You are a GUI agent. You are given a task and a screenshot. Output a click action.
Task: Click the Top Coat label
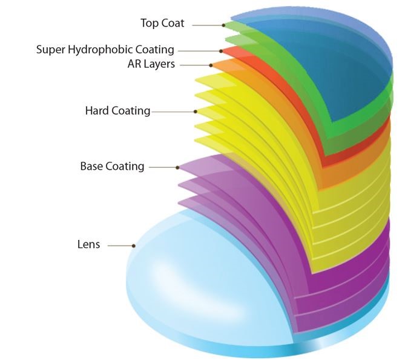[x=162, y=24]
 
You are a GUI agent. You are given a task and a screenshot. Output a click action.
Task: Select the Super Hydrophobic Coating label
[x=105, y=50]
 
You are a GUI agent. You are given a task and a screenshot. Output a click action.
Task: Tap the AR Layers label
[x=151, y=64]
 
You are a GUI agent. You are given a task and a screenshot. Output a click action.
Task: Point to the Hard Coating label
[x=117, y=111]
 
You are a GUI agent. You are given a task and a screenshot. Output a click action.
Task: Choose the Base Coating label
[x=112, y=166]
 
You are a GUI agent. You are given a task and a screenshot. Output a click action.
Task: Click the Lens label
[x=88, y=245]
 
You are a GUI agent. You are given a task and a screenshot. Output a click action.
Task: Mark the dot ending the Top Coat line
[x=223, y=25]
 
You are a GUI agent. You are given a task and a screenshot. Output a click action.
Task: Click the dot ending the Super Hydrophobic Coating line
[x=222, y=50]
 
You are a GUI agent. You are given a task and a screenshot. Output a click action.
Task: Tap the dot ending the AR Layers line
[x=211, y=65]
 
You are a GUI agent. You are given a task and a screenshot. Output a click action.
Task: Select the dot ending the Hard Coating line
[x=196, y=112]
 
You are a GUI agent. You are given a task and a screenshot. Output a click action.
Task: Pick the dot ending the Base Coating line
[x=177, y=167]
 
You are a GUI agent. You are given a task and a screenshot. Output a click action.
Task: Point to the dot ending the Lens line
[x=134, y=245]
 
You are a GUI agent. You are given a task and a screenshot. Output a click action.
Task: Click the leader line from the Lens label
[x=120, y=245]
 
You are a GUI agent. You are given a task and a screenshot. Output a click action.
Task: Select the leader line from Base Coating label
[x=162, y=167]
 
